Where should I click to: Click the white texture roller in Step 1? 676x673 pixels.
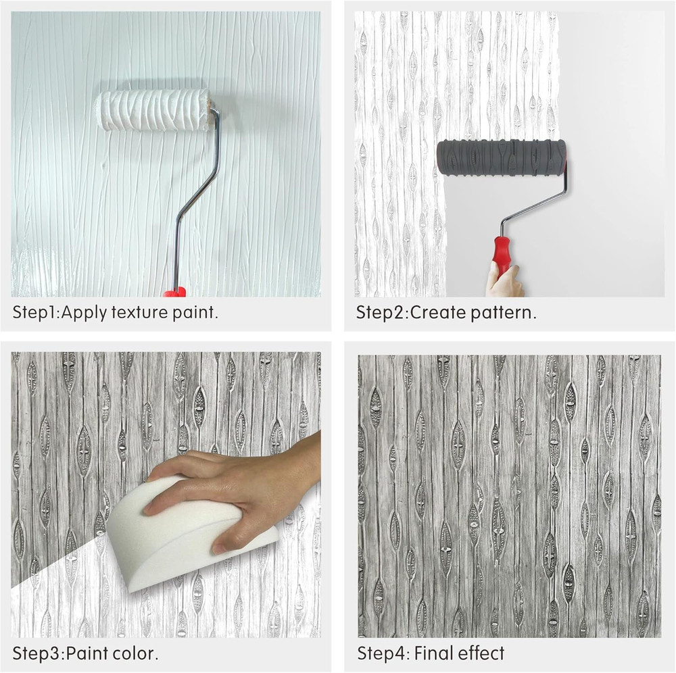(x=154, y=110)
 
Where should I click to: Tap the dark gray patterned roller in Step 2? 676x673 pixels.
(x=501, y=157)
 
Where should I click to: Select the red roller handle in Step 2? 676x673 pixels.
(x=502, y=253)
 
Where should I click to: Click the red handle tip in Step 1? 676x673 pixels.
(x=174, y=292)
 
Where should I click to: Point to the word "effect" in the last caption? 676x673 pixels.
(x=481, y=653)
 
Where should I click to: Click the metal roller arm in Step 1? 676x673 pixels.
(x=197, y=196)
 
